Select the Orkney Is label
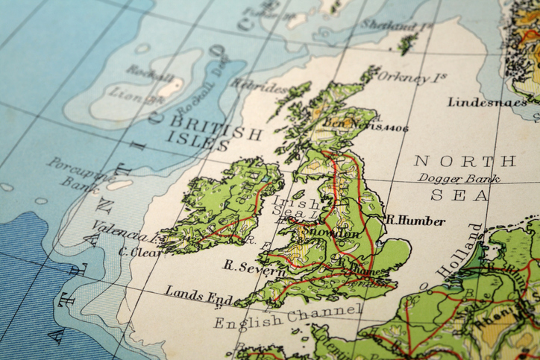coord(412,77)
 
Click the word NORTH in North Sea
coord(465,161)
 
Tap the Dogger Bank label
coord(459,178)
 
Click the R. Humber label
coord(415,221)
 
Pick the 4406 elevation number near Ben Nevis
coord(395,128)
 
